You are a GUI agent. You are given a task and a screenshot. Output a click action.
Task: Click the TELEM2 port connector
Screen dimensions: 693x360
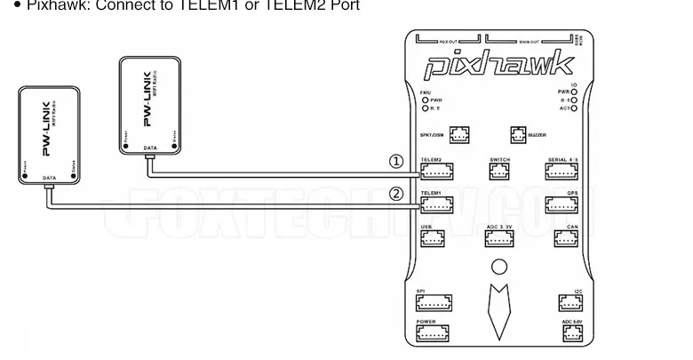click(435, 171)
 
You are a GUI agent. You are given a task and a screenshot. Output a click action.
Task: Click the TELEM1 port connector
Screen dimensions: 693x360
click(435, 204)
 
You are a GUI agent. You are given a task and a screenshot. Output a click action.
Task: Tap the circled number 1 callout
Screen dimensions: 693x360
click(396, 162)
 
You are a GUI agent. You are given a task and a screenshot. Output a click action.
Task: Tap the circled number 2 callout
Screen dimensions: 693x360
click(396, 194)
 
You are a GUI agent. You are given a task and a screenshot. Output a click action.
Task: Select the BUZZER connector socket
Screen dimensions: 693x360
click(518, 135)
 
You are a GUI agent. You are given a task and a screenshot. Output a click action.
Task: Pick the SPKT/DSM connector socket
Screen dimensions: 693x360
click(459, 135)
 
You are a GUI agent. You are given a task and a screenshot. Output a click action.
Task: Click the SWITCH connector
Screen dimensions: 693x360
click(498, 171)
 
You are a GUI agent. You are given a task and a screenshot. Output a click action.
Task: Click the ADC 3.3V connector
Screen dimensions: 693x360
click(498, 238)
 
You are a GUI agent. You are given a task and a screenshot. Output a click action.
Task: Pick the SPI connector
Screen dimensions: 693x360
click(435, 301)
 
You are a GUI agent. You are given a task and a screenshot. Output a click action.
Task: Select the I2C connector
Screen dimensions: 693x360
click(570, 302)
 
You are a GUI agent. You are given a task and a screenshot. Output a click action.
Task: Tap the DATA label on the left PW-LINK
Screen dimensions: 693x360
click(49, 179)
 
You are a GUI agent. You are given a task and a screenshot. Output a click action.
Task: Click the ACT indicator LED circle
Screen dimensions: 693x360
click(574, 108)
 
